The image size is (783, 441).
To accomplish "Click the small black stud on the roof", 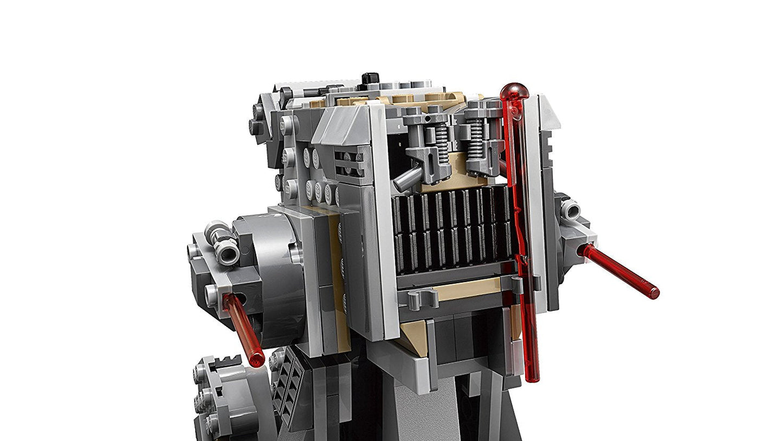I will click(371, 78).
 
